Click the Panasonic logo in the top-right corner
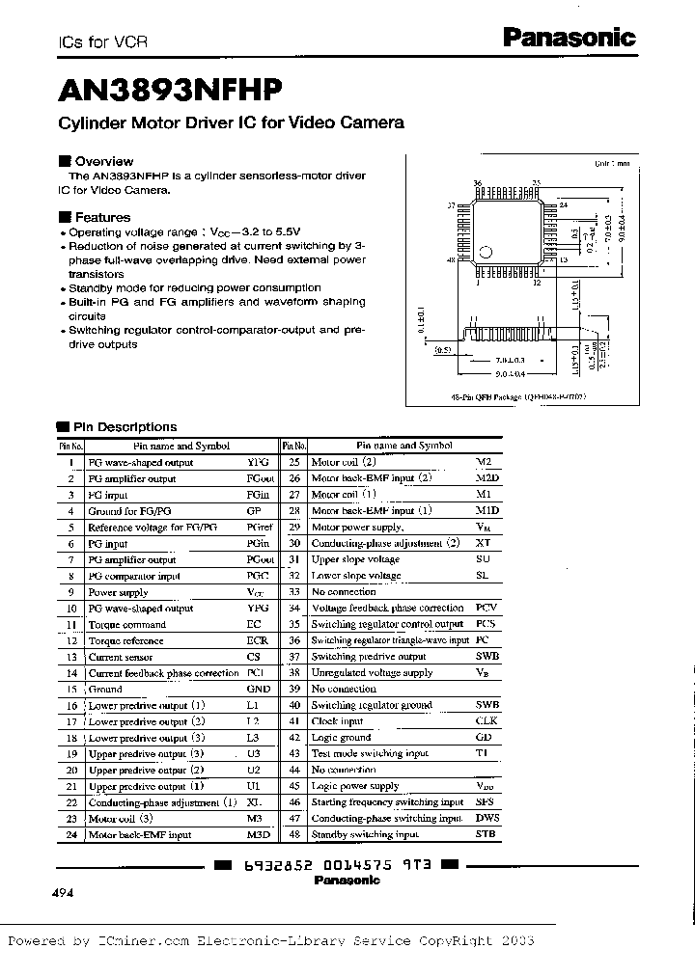coord(570,38)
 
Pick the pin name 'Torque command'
coord(126,624)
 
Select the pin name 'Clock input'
coord(337,720)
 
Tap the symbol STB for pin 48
coord(486,833)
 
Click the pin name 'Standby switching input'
coord(365,833)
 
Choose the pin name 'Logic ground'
coord(341,737)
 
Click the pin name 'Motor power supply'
coord(356,527)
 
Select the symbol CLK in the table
coord(486,720)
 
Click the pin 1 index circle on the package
coord(485,253)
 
